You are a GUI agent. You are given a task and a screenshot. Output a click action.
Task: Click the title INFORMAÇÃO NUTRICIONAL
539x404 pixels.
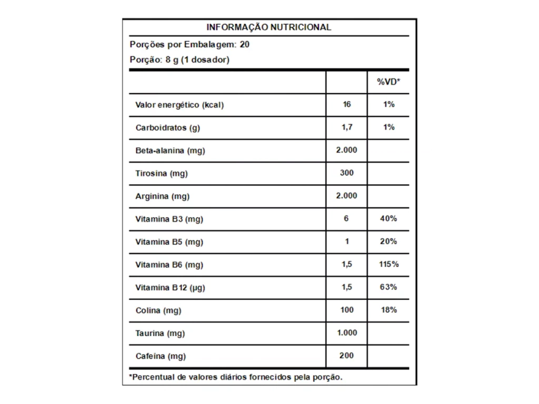tap(268, 27)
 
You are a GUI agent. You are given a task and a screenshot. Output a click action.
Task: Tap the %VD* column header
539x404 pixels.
tap(388, 82)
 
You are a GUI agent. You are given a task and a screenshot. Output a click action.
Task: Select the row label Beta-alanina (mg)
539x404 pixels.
tap(170, 150)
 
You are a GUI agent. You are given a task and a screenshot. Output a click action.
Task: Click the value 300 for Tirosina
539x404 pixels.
tap(346, 173)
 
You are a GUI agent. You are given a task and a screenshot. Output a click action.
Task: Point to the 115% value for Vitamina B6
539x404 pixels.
tap(388, 264)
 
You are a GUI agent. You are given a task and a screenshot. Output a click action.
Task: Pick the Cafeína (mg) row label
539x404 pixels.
tap(161, 356)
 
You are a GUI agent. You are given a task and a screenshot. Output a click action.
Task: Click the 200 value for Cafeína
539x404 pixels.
tap(346, 356)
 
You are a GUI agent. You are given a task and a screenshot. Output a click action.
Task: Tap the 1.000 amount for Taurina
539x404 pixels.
tap(346, 332)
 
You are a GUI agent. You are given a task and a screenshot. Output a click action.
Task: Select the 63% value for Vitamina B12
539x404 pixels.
tap(388, 287)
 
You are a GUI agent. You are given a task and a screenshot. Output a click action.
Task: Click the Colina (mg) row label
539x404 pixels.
tap(158, 310)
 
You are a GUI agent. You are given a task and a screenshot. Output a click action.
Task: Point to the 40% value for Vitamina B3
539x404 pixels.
tap(388, 218)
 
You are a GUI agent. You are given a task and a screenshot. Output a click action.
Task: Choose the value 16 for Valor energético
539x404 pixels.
tap(346, 104)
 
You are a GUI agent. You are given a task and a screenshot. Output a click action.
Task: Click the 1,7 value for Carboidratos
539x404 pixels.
tap(346, 127)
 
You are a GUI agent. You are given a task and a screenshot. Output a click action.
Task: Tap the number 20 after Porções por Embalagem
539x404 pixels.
tap(245, 44)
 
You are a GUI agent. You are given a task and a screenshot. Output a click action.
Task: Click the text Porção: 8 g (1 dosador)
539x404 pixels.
tap(179, 60)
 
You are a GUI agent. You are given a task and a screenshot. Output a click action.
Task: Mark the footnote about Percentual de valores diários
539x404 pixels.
tap(236, 377)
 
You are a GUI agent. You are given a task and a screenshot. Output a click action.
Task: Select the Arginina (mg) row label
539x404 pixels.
tap(162, 196)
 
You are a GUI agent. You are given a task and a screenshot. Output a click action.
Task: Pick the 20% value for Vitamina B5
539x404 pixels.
tap(388, 241)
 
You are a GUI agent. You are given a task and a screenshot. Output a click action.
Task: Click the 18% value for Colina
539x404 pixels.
tap(388, 310)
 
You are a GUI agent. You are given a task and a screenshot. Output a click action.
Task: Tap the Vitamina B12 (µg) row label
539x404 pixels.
tap(170, 287)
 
